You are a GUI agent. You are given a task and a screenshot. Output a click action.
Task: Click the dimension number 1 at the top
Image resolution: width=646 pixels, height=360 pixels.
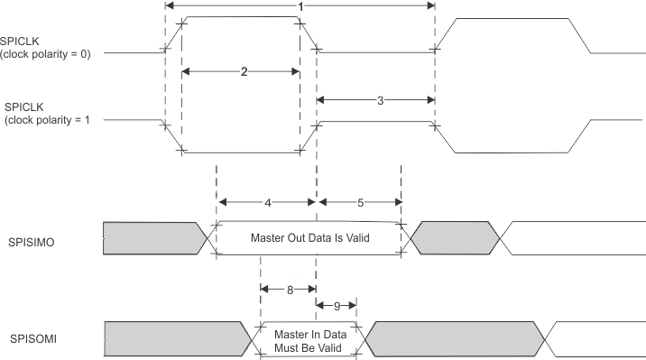tap(300, 6)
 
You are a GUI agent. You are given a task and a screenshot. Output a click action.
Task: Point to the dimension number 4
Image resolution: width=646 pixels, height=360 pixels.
tap(268, 202)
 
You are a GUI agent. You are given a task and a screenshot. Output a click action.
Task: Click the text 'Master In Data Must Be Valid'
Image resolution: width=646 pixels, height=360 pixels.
tap(309, 337)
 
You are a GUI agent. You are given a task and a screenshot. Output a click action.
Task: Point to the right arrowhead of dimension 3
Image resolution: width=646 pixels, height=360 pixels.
tap(430, 100)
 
